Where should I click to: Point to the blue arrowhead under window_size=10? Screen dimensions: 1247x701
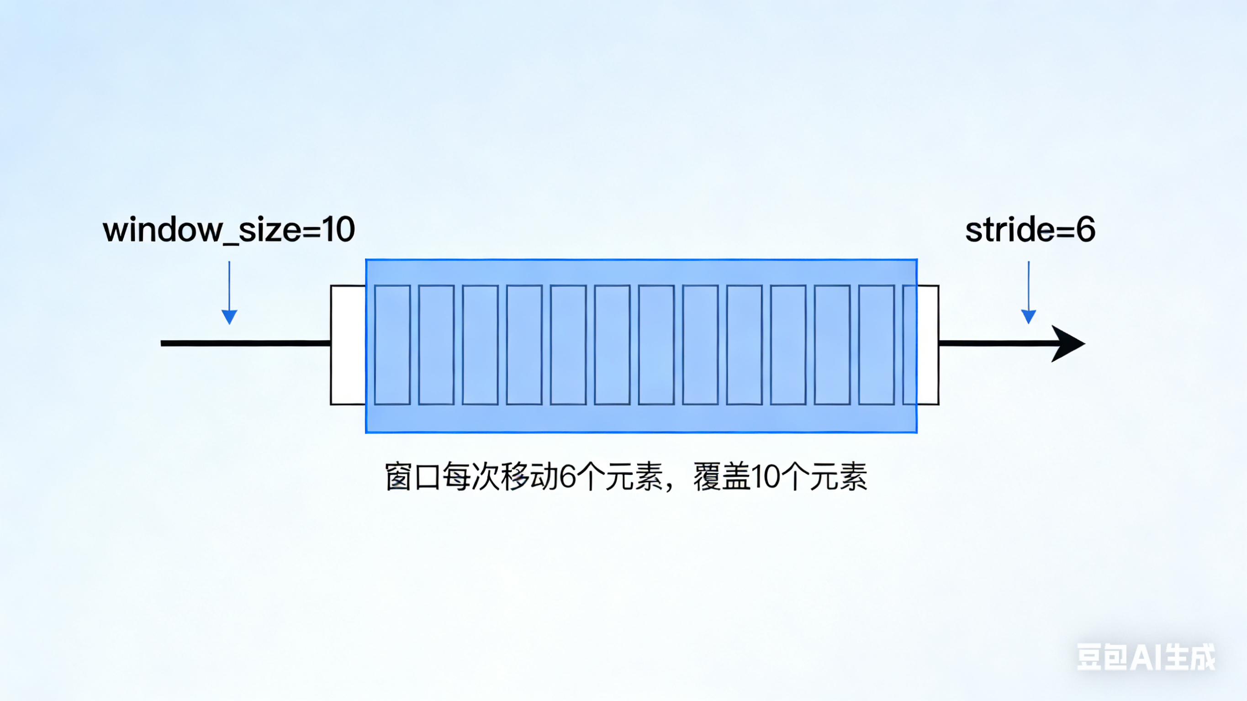pos(229,316)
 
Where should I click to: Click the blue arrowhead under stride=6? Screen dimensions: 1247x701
pos(1028,316)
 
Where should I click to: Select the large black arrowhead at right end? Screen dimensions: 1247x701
pos(1067,344)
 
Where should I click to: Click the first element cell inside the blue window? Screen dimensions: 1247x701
pos(392,345)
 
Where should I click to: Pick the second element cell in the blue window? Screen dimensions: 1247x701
pos(436,345)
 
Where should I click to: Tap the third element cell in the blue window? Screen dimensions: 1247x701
pos(480,345)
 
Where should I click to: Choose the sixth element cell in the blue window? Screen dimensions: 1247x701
pos(613,345)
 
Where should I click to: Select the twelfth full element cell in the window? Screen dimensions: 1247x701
pos(876,345)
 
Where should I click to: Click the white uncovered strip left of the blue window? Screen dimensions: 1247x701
pos(348,345)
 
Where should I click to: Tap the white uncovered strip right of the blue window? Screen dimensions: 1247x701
pos(928,345)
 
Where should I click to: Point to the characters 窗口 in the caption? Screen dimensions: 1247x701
pos(413,477)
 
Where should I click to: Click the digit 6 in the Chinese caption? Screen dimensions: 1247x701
pos(567,477)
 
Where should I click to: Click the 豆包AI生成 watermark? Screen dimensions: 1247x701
pos(1145,657)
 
